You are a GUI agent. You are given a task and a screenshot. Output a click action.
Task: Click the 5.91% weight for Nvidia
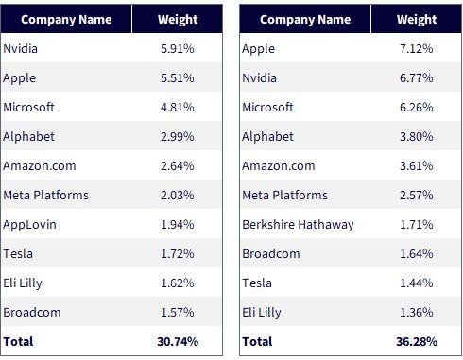(178, 49)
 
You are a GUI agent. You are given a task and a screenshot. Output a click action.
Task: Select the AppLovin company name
(29, 225)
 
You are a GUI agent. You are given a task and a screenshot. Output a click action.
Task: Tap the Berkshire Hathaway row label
(298, 225)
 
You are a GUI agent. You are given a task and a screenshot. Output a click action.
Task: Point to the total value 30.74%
(178, 342)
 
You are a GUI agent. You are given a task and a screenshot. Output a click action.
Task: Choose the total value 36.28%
(417, 342)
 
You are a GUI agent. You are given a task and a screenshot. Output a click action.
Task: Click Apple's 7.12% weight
(417, 49)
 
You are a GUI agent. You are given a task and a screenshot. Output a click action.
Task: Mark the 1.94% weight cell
(178, 225)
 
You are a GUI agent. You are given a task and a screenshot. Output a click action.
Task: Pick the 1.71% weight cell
(417, 225)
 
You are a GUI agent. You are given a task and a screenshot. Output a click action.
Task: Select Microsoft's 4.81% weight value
(178, 108)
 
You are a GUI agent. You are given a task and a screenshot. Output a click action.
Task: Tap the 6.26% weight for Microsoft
(417, 108)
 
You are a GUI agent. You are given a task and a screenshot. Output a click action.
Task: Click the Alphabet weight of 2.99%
(178, 137)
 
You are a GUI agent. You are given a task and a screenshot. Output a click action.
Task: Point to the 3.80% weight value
(417, 137)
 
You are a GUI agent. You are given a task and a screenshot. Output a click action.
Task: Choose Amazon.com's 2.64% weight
(178, 166)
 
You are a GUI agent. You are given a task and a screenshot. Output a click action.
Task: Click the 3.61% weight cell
(417, 166)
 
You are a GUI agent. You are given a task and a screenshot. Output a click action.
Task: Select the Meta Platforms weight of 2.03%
(178, 196)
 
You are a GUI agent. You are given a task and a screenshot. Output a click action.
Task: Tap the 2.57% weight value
(417, 196)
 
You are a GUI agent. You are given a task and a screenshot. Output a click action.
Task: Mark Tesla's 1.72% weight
(178, 254)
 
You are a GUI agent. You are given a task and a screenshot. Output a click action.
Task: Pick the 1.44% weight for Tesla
(417, 283)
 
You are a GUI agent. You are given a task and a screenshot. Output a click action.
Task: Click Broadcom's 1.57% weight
(178, 313)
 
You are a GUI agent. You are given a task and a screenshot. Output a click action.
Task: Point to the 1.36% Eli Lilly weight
(417, 313)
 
